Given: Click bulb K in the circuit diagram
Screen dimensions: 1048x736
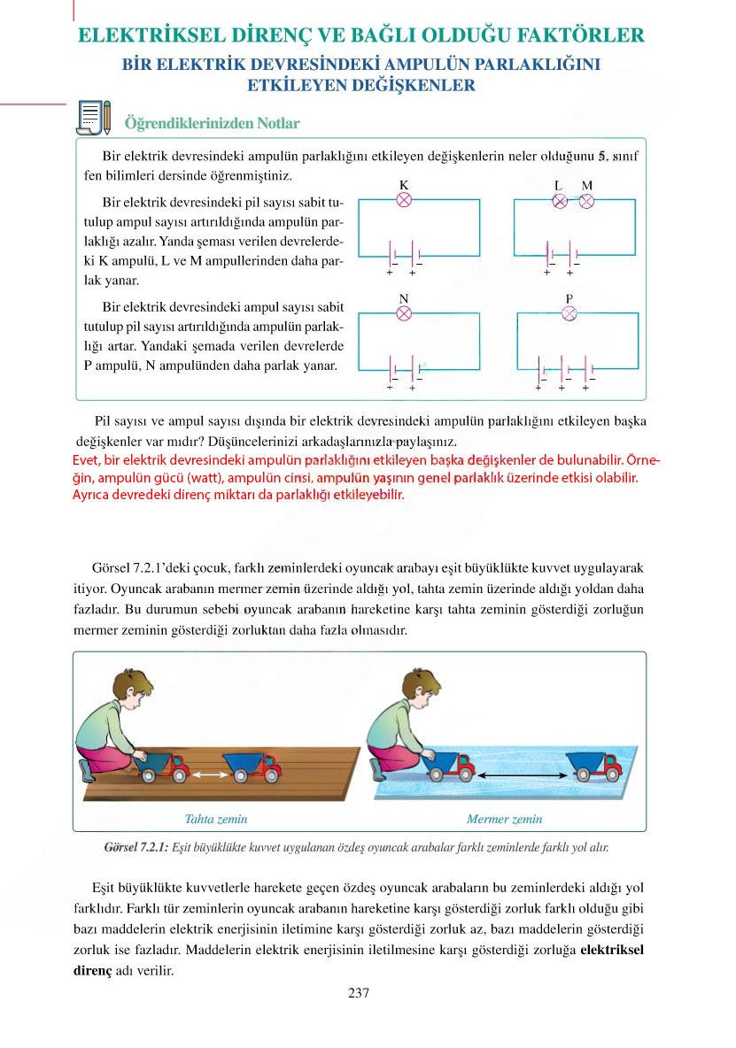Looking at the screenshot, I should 404,200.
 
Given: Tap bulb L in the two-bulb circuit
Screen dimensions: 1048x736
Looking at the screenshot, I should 560,201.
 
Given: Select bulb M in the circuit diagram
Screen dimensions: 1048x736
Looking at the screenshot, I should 586,201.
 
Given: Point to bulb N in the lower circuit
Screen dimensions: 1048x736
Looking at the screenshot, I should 404,313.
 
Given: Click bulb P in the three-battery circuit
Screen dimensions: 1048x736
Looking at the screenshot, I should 570,313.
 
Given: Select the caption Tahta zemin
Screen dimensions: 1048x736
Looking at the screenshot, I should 216,820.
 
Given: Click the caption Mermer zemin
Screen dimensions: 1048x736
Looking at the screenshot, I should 504,820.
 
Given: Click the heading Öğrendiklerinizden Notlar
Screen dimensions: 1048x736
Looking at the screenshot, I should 212,123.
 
